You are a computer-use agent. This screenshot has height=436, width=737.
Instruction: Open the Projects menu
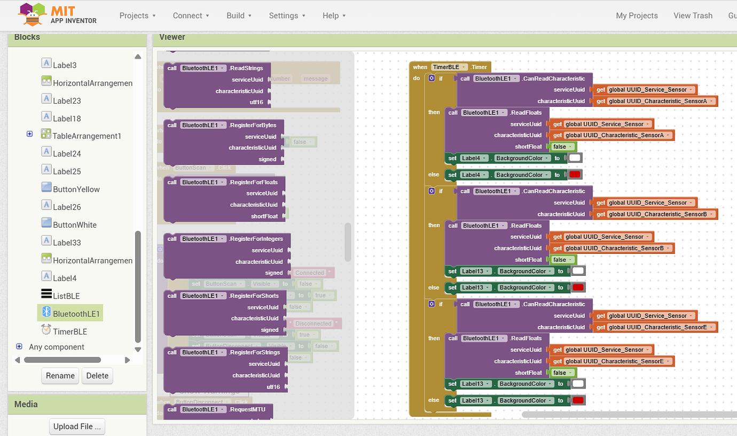click(137, 15)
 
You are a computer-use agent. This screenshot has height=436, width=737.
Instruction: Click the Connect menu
click(191, 15)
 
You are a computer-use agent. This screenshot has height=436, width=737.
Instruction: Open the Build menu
click(239, 15)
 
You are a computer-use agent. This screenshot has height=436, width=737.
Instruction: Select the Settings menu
click(287, 15)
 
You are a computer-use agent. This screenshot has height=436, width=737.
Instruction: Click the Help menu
click(334, 15)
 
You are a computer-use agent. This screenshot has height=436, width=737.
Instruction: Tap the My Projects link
click(637, 15)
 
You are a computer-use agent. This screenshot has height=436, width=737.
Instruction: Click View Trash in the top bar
click(693, 15)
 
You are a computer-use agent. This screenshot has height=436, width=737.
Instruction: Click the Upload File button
click(77, 426)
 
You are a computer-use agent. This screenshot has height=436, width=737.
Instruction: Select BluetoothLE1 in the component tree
click(76, 314)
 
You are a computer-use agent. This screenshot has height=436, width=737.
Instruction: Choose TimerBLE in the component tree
click(69, 331)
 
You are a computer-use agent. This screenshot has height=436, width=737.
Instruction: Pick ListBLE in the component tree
click(66, 296)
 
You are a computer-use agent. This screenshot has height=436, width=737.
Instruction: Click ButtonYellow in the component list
click(76, 189)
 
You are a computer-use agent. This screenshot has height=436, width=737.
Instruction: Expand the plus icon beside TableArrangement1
click(30, 134)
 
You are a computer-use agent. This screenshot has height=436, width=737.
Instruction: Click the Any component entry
click(56, 347)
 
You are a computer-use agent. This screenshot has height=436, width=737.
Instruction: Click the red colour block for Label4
click(575, 175)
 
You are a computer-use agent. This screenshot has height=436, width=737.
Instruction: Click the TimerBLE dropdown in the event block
click(449, 67)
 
